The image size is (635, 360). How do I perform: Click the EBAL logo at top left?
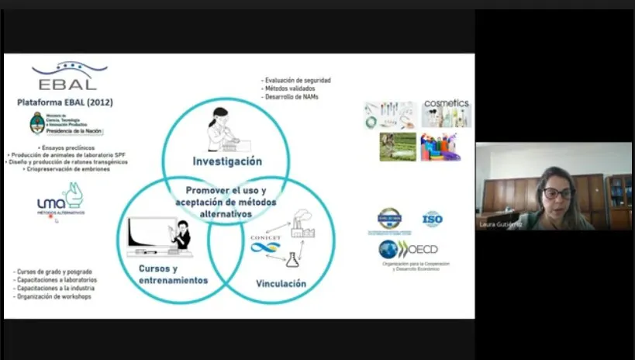(69, 76)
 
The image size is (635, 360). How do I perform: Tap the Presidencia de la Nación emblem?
(37, 123)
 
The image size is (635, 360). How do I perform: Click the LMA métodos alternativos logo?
(61, 199)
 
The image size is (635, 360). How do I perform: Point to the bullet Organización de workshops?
(53, 297)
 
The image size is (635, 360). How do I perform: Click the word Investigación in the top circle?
(227, 161)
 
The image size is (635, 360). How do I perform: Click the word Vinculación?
(281, 284)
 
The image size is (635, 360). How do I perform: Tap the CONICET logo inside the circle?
(265, 242)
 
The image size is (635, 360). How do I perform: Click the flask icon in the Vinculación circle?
(292, 259)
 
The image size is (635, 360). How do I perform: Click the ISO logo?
(432, 219)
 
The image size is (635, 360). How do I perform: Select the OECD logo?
(409, 250)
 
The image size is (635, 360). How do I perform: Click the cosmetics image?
(446, 113)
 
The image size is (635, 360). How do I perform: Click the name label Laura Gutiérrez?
(501, 224)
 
